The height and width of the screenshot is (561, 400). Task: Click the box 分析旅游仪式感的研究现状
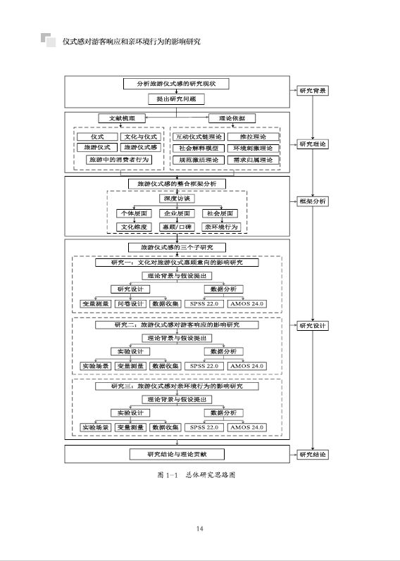coord(176,84)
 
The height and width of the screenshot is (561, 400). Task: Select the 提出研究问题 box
coord(176,99)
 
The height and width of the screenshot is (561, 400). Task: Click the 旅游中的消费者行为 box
coord(119,160)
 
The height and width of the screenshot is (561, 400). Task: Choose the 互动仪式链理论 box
coord(198,137)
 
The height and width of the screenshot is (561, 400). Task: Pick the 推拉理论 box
coord(253,137)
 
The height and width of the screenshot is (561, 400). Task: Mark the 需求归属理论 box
coord(253,160)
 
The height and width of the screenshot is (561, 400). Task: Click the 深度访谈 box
coord(176,198)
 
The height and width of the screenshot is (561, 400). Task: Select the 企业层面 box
coord(176,213)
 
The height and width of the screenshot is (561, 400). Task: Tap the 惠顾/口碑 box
coord(176,227)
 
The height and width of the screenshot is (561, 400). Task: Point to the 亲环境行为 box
coord(221,227)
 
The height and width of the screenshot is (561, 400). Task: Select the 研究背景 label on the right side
coord(312,91)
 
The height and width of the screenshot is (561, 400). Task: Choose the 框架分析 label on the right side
coord(312,201)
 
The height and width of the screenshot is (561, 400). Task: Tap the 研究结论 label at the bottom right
coord(312,454)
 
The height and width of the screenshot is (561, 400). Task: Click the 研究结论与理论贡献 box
coord(176,454)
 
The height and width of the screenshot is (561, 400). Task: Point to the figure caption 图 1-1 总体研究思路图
coord(196,475)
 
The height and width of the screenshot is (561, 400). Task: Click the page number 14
coord(200,529)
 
